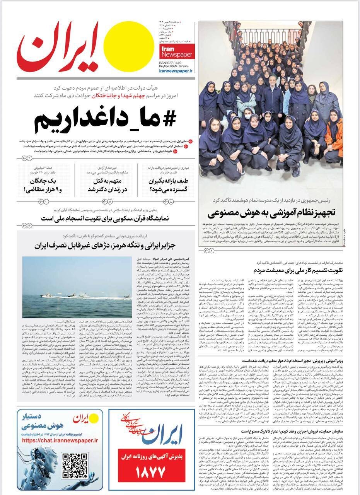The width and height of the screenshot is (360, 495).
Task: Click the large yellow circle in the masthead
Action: point(126,44)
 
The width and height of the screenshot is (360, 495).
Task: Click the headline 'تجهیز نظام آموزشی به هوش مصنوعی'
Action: point(271,213)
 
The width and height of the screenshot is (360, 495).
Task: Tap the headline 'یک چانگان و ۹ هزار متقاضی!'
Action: point(43,185)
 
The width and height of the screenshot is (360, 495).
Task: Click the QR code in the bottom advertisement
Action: point(75,466)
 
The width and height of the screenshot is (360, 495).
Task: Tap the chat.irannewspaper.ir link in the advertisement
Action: point(60,440)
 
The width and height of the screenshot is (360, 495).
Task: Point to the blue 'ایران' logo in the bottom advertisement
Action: point(163,436)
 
